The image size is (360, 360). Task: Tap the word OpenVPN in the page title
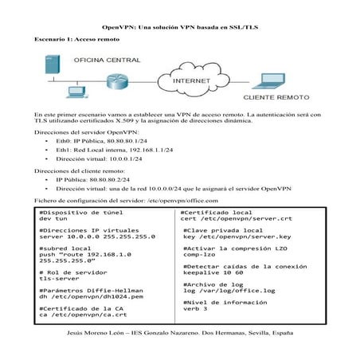tap(123, 26)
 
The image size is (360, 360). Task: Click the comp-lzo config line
tap(200, 254)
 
